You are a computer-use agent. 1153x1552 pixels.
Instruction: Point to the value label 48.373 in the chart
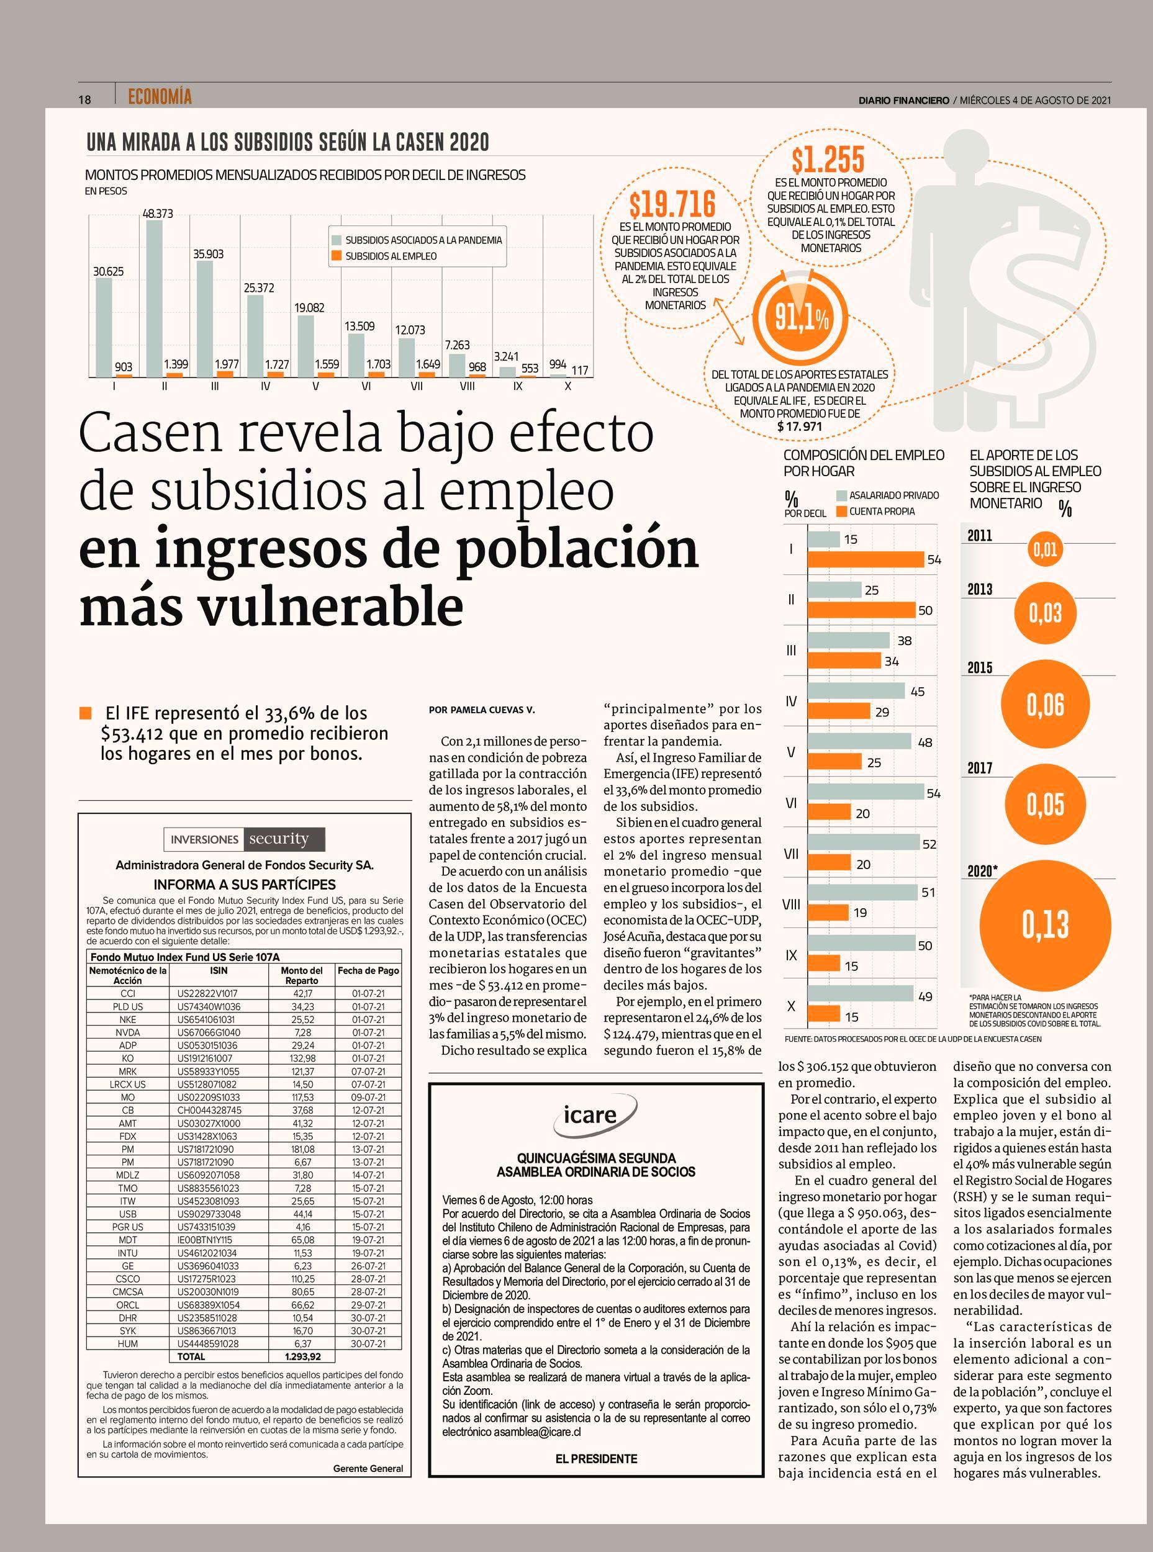click(x=158, y=214)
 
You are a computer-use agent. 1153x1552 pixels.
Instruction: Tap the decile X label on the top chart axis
click(x=568, y=387)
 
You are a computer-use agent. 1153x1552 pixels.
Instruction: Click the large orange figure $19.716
click(x=672, y=204)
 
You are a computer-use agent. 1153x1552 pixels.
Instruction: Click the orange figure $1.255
click(x=828, y=160)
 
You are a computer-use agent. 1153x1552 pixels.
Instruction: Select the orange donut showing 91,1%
click(x=803, y=317)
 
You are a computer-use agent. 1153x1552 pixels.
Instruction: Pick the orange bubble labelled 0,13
click(x=1046, y=924)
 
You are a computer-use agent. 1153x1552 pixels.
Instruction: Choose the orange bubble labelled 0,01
click(x=1046, y=549)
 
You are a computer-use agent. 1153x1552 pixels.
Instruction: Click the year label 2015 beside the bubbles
click(x=980, y=668)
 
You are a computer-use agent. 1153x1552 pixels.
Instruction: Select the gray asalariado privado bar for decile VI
click(x=866, y=792)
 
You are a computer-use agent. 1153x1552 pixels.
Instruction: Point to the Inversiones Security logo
click(x=244, y=839)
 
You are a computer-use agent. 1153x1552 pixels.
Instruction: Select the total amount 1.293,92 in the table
click(x=302, y=1356)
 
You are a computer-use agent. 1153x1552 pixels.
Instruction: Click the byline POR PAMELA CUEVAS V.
click(x=482, y=710)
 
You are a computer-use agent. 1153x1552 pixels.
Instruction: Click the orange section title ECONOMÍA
click(x=160, y=97)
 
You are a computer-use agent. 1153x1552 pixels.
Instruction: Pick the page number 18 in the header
click(x=84, y=99)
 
